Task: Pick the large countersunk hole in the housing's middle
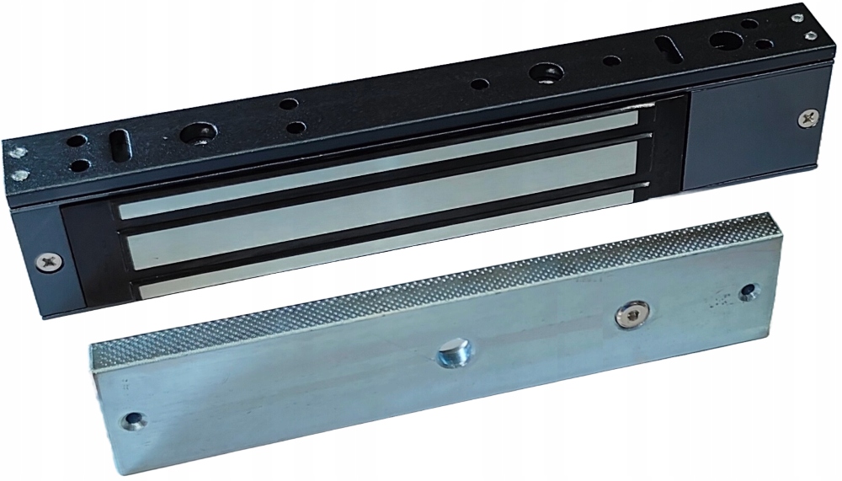click(x=539, y=74)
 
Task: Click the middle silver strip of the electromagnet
click(x=379, y=202)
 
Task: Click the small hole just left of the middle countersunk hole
click(x=480, y=84)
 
